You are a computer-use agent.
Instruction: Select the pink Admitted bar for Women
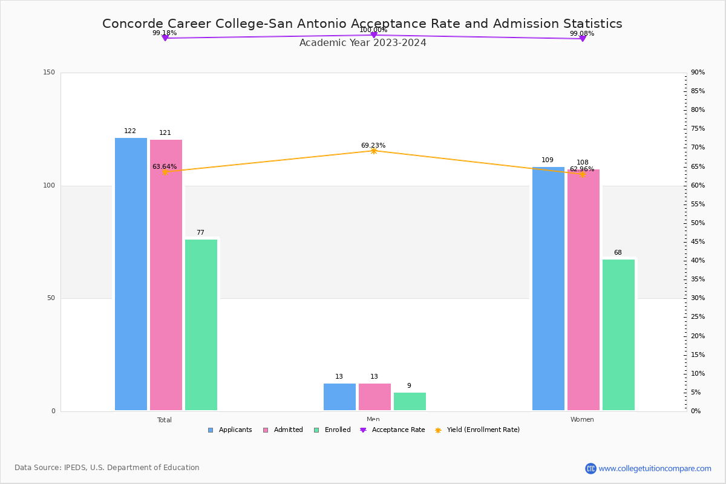tap(583, 290)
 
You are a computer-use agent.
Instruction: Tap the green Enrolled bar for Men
tap(410, 402)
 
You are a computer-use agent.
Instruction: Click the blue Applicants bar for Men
tap(339, 397)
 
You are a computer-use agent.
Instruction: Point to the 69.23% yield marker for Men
tap(373, 151)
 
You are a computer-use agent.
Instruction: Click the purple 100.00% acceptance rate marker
tap(373, 35)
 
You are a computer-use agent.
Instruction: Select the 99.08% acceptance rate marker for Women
tap(583, 39)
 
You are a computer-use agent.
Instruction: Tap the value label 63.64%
tap(165, 167)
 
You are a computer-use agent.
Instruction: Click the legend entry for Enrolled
tap(332, 430)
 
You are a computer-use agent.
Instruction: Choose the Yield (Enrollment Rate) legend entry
tap(477, 430)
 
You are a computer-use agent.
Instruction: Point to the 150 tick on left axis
tap(49, 73)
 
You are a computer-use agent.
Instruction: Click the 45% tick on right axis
tap(698, 242)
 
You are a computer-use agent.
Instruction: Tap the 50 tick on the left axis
tap(51, 298)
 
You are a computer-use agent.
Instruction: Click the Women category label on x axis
tap(582, 420)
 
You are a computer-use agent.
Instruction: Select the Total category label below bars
tap(165, 420)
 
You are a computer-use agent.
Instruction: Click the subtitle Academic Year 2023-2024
tap(362, 43)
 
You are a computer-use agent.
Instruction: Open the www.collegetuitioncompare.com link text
tap(655, 468)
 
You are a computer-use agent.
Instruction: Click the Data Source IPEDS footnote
tap(107, 468)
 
